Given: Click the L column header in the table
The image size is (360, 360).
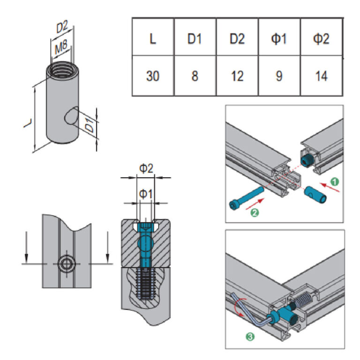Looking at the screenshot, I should pos(153,38).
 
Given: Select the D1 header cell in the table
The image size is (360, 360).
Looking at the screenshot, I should pos(195,38).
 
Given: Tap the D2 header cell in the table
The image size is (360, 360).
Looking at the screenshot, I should pos(237,38).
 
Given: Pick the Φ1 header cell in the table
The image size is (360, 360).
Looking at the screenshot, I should pos(279,38).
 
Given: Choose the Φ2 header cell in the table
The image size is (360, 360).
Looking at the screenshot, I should pos(322,38).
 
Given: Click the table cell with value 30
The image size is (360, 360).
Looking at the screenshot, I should pos(153,75).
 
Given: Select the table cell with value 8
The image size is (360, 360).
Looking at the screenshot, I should pos(195,75).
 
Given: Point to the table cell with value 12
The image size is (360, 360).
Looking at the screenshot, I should pos(237,75).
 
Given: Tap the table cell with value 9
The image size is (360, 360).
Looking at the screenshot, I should pos(279,75).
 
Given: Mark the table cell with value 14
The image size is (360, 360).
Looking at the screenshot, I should pos(322,75).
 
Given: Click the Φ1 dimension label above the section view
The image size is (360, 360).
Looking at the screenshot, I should pos(146,194).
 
